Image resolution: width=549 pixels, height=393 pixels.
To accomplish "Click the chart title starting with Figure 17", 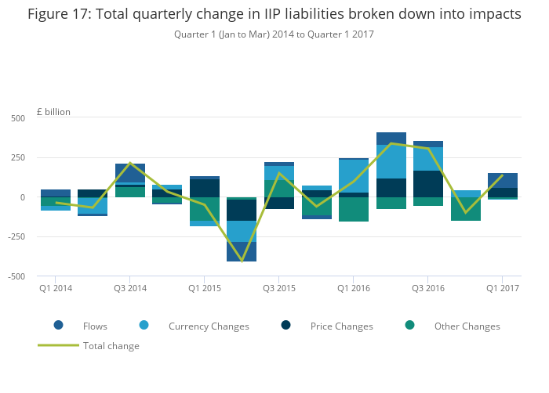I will (274, 14).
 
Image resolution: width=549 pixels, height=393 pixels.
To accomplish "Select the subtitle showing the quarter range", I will (274, 34).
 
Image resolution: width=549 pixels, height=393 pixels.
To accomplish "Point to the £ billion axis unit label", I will (53, 112).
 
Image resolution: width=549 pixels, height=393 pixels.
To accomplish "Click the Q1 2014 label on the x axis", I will (56, 289).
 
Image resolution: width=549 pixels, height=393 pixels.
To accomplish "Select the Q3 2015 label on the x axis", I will (278, 289).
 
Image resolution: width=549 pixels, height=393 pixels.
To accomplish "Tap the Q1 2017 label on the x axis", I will (502, 289).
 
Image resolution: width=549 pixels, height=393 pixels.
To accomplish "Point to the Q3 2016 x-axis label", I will (427, 289).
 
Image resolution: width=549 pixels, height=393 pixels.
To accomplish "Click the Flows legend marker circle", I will (59, 326).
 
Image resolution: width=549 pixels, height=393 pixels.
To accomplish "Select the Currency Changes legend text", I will (209, 326).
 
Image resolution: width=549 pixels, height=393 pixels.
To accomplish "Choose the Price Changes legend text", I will (341, 326).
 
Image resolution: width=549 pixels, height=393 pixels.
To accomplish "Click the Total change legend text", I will (111, 346).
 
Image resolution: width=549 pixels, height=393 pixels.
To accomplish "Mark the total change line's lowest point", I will (242, 261).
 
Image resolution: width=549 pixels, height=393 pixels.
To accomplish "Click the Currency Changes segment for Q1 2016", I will (353, 176).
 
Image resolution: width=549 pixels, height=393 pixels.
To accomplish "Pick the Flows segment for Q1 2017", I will (502, 180).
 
